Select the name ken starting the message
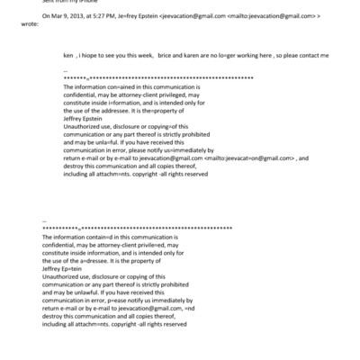68,55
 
